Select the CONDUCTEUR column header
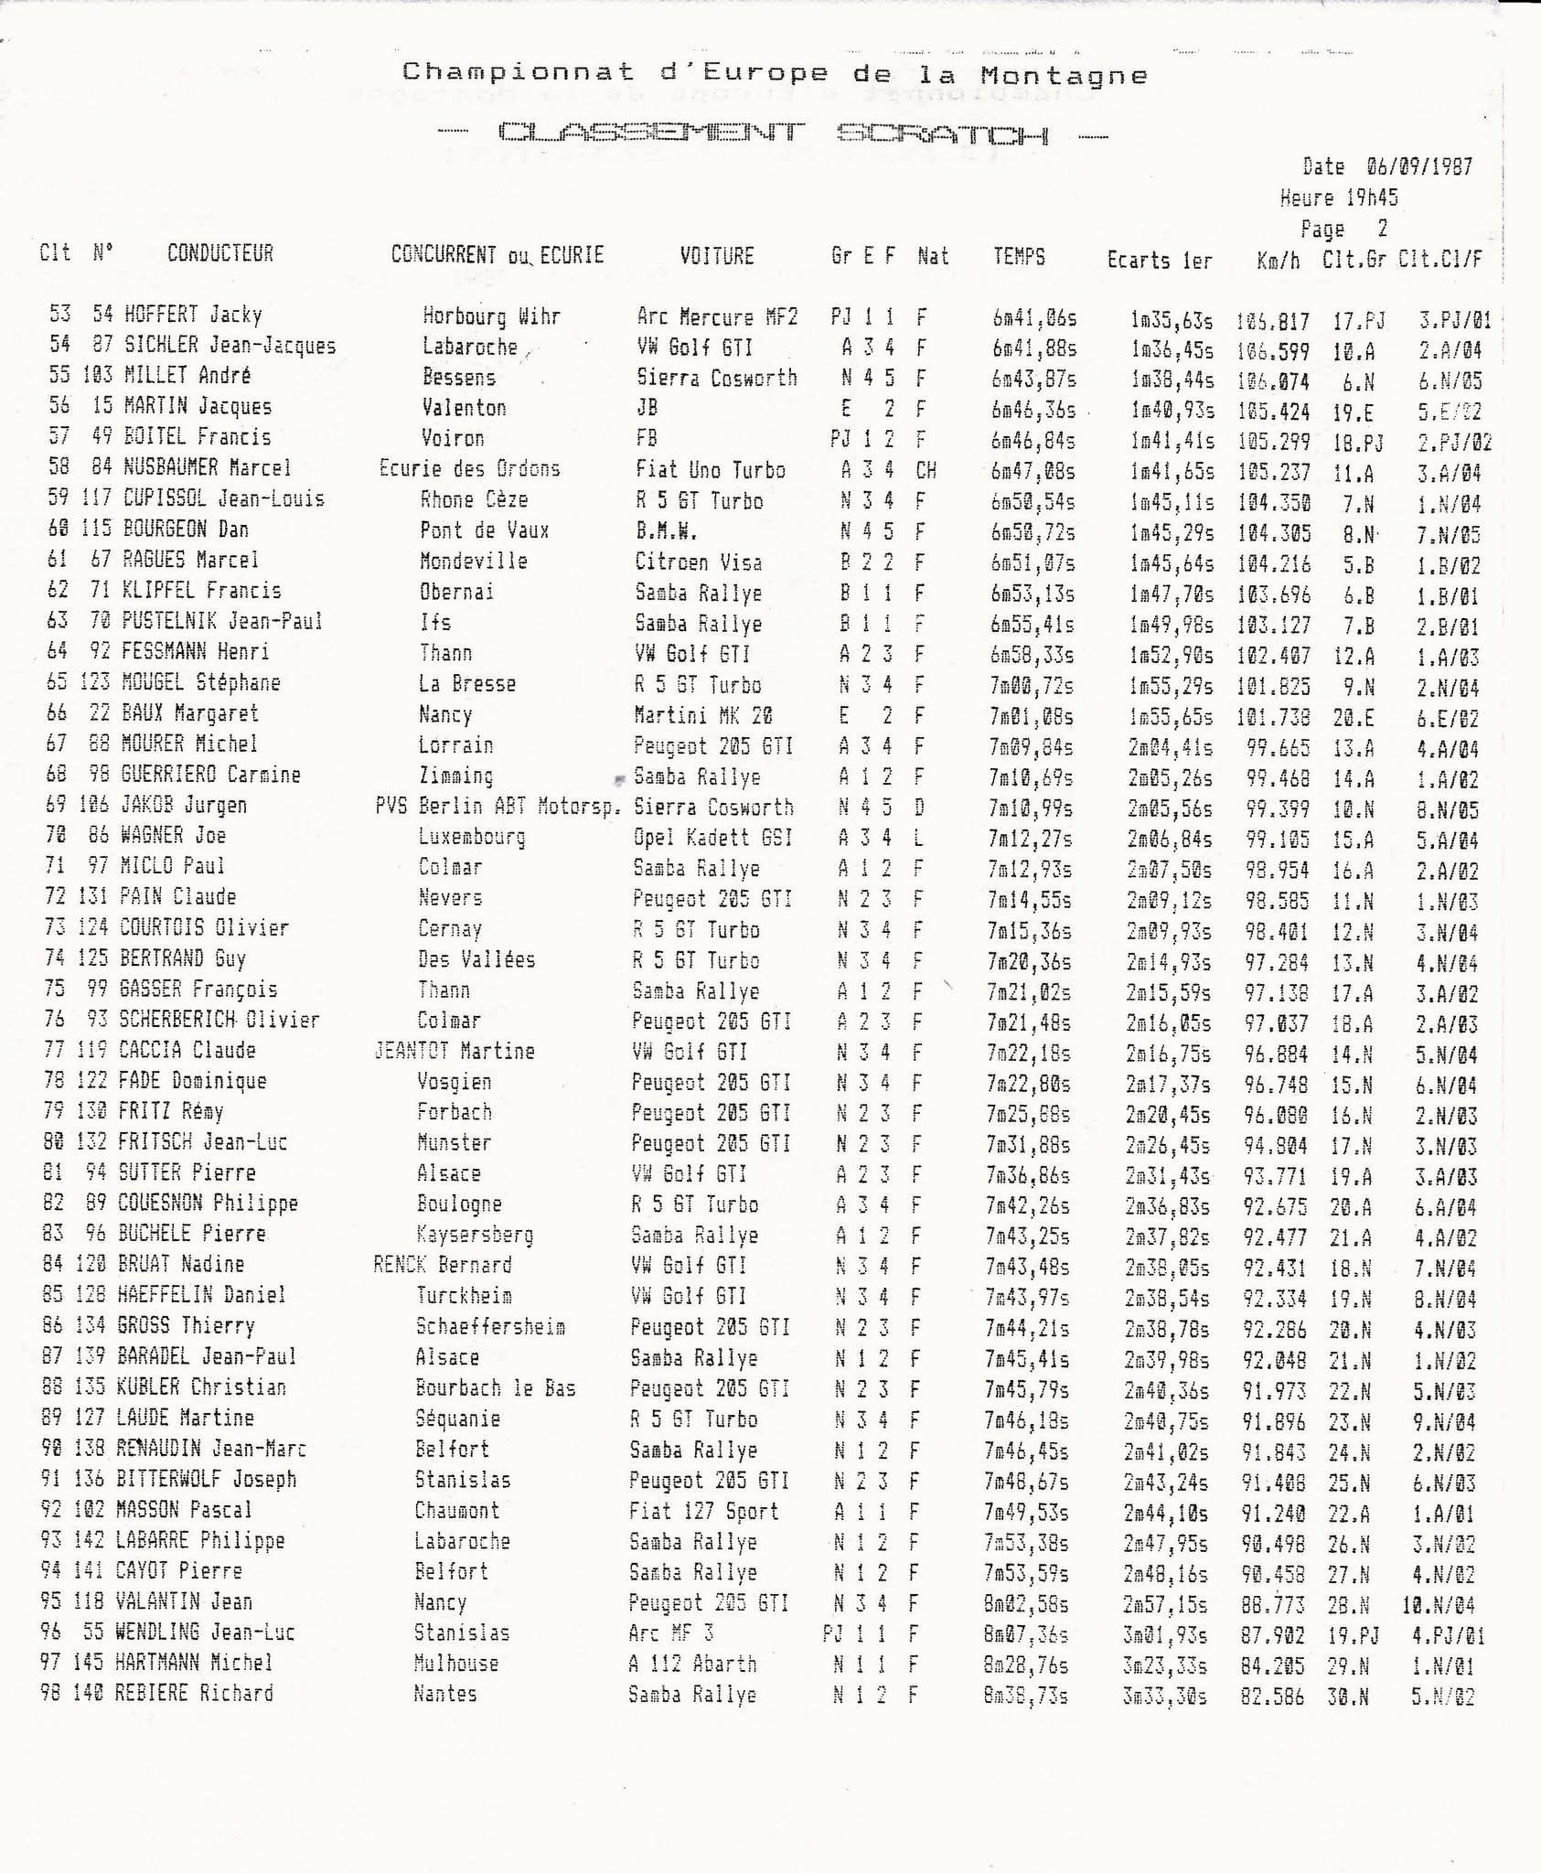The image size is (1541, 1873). tap(220, 253)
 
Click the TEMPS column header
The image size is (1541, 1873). tap(1019, 257)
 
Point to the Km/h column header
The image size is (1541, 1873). tap(1279, 261)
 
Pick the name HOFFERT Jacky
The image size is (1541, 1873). tap(193, 315)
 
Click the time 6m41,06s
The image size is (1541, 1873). tap(1034, 317)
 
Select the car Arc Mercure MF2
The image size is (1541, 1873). tap(717, 317)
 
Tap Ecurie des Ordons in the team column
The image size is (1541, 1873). tap(469, 469)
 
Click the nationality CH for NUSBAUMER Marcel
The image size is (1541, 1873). tap(925, 471)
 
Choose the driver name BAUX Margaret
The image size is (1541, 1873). tap(189, 713)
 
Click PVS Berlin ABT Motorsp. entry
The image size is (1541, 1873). tap(498, 806)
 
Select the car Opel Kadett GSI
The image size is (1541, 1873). tap(712, 837)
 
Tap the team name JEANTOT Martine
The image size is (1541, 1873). tap(455, 1051)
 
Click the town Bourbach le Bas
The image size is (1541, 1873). tap(496, 1388)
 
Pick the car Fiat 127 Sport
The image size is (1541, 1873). tap(703, 1510)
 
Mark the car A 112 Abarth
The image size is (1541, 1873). tap(692, 1663)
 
